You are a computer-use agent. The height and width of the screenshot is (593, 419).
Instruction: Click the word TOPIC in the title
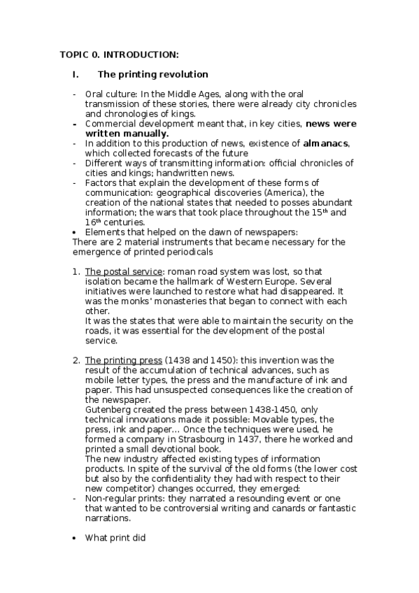click(71, 54)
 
